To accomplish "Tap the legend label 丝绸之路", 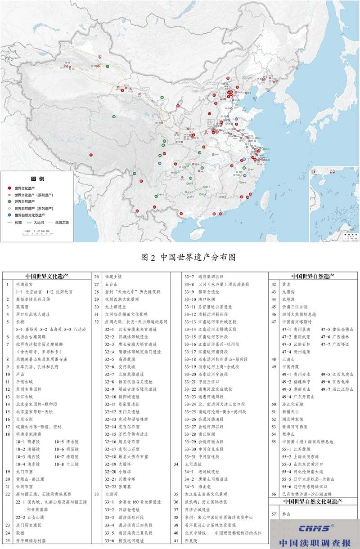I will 62,222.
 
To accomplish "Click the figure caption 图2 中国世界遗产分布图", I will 189,257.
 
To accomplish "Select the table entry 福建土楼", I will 113,277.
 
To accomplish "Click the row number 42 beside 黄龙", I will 274,284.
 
